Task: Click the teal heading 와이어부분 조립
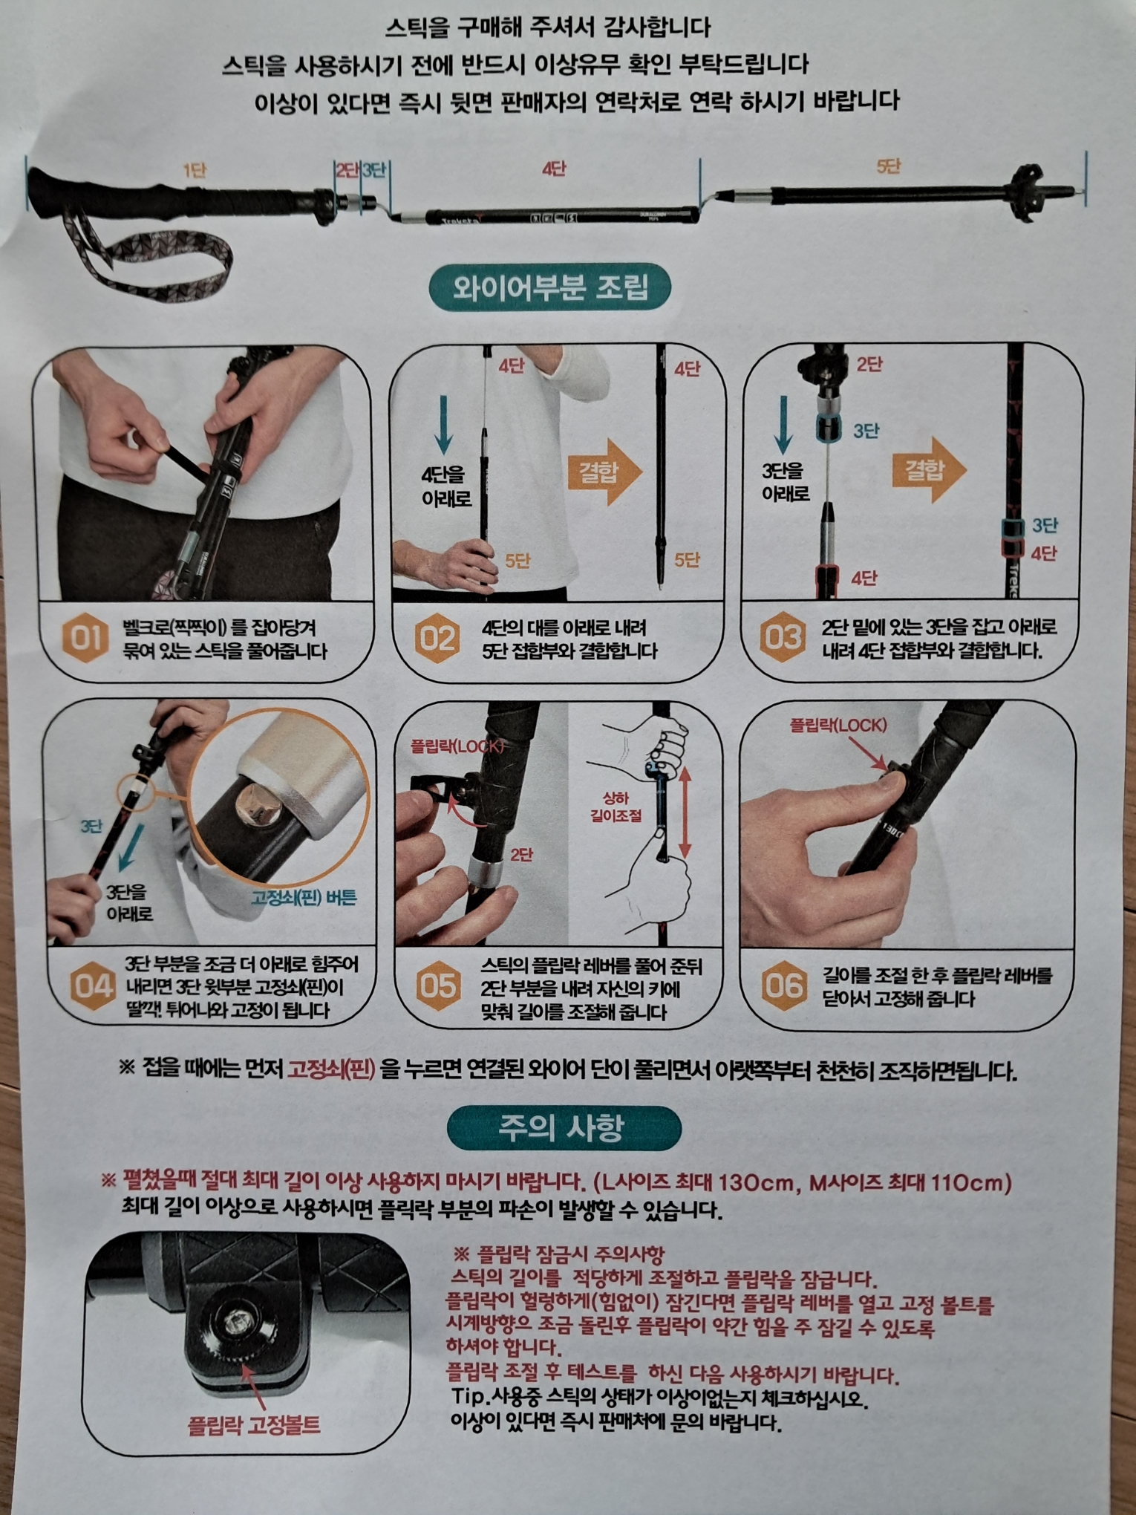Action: click(x=549, y=287)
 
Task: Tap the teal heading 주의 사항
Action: click(x=564, y=1127)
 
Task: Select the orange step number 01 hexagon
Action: click(x=85, y=638)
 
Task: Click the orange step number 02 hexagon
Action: click(x=437, y=638)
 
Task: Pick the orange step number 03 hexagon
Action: click(x=782, y=637)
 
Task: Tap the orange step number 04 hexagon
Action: click(x=92, y=985)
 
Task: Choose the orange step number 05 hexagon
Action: click(x=438, y=985)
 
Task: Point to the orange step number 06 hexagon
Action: click(x=784, y=985)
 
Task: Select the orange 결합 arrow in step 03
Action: click(x=929, y=469)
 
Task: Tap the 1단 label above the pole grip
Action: click(x=195, y=172)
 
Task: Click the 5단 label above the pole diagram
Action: click(x=888, y=166)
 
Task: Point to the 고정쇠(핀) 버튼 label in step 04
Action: click(x=304, y=897)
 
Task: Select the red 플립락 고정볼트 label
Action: click(x=255, y=1424)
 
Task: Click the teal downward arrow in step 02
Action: click(x=444, y=424)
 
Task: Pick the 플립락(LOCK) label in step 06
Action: click(x=838, y=725)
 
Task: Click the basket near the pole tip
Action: click(x=1025, y=192)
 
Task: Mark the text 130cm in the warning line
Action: click(x=757, y=1182)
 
